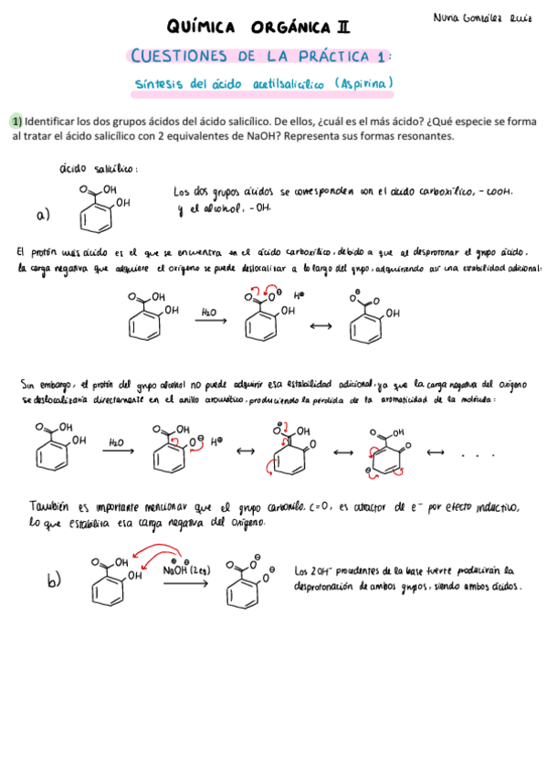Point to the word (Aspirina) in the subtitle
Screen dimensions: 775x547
pyautogui.click(x=363, y=84)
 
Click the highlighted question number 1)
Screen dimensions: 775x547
pyautogui.click(x=16, y=121)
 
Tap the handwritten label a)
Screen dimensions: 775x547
pyautogui.click(x=43, y=216)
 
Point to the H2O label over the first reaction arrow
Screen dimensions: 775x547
pyautogui.click(x=208, y=313)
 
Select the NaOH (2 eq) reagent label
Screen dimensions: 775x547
pyautogui.click(x=188, y=569)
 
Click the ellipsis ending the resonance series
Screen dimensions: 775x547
pyautogui.click(x=478, y=454)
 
